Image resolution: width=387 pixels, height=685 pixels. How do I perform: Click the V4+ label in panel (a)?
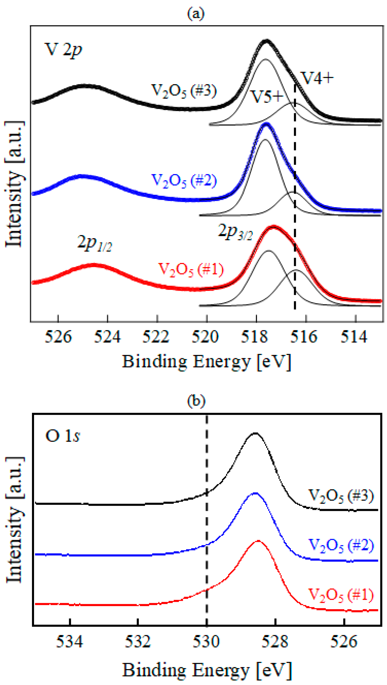pyautogui.click(x=317, y=78)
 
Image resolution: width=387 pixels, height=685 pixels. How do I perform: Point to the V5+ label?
pyautogui.click(x=267, y=97)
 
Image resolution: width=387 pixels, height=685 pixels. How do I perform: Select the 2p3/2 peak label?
pyautogui.click(x=235, y=232)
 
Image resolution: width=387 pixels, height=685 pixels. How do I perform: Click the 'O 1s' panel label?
pyautogui.click(x=63, y=436)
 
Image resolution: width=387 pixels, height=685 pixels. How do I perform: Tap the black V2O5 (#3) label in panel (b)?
pyautogui.click(x=341, y=495)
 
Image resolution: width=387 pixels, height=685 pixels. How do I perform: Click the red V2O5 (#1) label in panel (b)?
pyautogui.click(x=341, y=595)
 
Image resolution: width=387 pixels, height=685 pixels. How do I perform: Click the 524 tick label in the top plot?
pyautogui.click(x=107, y=337)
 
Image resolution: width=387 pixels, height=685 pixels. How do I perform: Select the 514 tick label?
pyautogui.click(x=354, y=337)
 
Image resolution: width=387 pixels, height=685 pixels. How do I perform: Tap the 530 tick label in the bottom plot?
pyautogui.click(x=206, y=641)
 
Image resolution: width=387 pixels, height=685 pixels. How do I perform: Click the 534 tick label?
pyautogui.click(x=70, y=641)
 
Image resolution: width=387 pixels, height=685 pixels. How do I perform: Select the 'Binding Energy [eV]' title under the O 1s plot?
pyautogui.click(x=207, y=670)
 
